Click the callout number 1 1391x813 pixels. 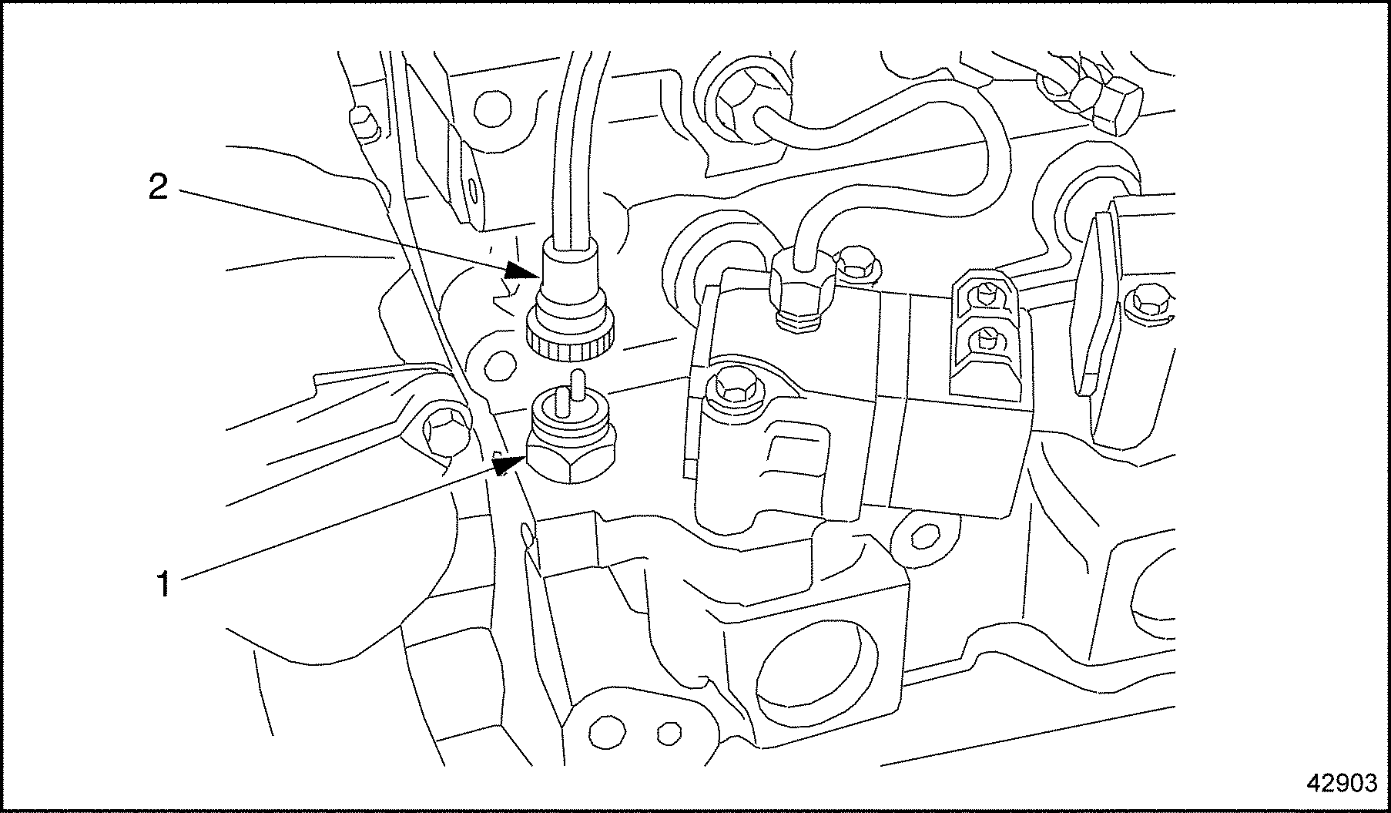[163, 583]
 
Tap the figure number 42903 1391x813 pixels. [1342, 783]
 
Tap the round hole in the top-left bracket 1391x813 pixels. [491, 109]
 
